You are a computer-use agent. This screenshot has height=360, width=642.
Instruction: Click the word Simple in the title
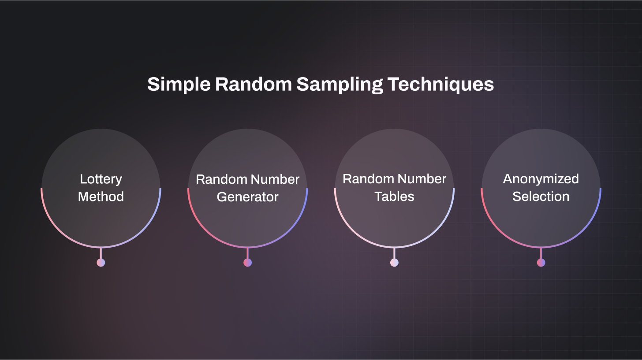[x=179, y=84]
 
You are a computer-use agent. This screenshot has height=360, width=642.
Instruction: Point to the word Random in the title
[x=253, y=84]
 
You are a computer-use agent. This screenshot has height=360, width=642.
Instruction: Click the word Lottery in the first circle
[x=101, y=179]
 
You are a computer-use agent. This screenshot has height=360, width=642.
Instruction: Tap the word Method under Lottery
[x=101, y=197]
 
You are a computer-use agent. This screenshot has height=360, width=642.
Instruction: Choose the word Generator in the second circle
[x=247, y=197]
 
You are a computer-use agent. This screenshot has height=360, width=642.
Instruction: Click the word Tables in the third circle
[x=394, y=197]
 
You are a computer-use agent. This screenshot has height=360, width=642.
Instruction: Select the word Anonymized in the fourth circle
[x=541, y=179]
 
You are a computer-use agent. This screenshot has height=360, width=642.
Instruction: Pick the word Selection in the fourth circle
[x=541, y=197]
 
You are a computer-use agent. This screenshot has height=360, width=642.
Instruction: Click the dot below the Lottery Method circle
[x=101, y=263]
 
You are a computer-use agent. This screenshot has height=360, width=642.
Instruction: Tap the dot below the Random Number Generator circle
[x=247, y=263]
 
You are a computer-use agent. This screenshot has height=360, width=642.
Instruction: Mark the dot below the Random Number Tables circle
[x=394, y=263]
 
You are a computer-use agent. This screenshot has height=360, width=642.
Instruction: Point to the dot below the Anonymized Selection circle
[x=541, y=263]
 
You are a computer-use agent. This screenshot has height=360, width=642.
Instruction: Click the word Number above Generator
[x=274, y=179]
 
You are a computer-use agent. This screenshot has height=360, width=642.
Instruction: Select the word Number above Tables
[x=421, y=179]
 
